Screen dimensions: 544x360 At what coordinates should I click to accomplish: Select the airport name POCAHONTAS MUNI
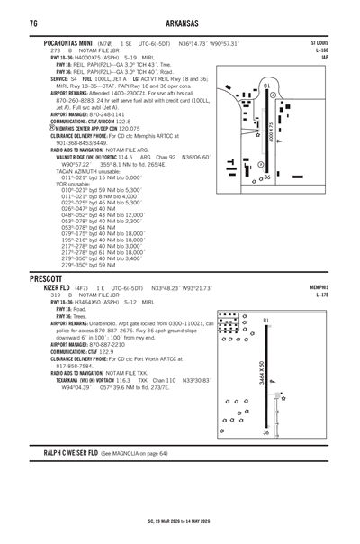coord(66,42)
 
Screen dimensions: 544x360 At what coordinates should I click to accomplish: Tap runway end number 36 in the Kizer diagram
coord(291,432)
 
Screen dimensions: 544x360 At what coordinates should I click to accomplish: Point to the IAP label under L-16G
coord(325,57)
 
